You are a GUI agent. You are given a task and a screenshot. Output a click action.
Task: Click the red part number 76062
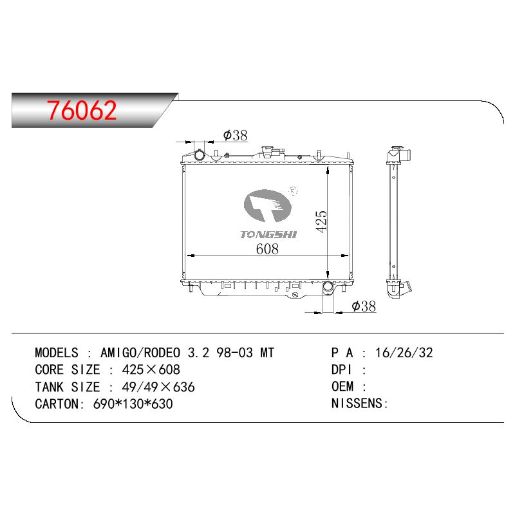pyautogui.click(x=82, y=110)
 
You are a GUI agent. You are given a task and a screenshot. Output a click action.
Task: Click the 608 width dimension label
pyautogui.click(x=267, y=248)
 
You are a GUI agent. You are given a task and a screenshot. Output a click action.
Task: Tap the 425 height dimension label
pyautogui.click(x=321, y=221)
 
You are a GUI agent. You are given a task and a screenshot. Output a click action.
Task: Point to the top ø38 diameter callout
pyautogui.click(x=235, y=135)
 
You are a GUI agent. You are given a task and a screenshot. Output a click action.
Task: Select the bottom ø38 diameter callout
pyautogui.click(x=364, y=306)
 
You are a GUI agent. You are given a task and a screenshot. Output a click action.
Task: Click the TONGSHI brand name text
pyautogui.click(x=268, y=234)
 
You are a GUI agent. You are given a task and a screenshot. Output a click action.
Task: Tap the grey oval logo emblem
pyautogui.click(x=268, y=205)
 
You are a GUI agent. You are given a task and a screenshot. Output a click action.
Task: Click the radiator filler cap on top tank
pyautogui.click(x=272, y=151)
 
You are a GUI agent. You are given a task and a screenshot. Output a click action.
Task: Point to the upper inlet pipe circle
pyautogui.click(x=200, y=154)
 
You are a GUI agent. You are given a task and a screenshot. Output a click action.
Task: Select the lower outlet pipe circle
pyautogui.click(x=328, y=286)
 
